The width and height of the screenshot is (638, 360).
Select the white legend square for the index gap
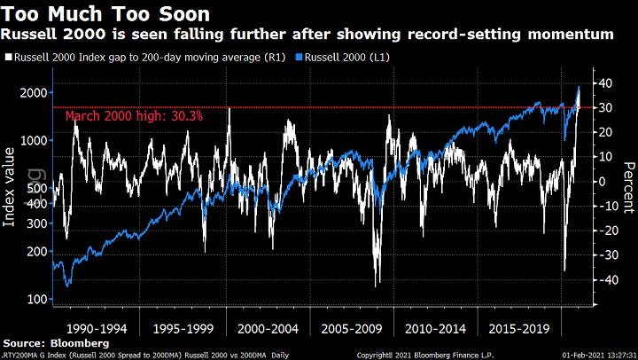click(x=8, y=57)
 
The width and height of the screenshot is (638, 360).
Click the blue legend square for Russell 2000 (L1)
click(x=299, y=57)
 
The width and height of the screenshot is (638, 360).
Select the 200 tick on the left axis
click(x=33, y=251)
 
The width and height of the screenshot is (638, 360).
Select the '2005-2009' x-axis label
click(x=355, y=327)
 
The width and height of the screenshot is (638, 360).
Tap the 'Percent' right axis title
click(x=626, y=186)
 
